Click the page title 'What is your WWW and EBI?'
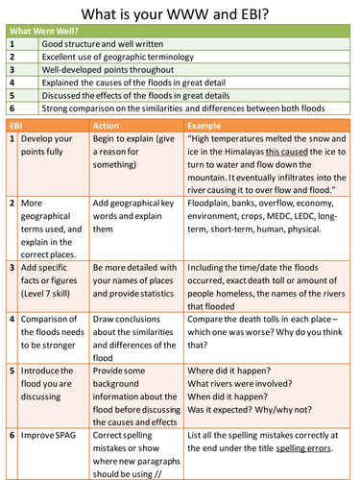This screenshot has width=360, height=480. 180,14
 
